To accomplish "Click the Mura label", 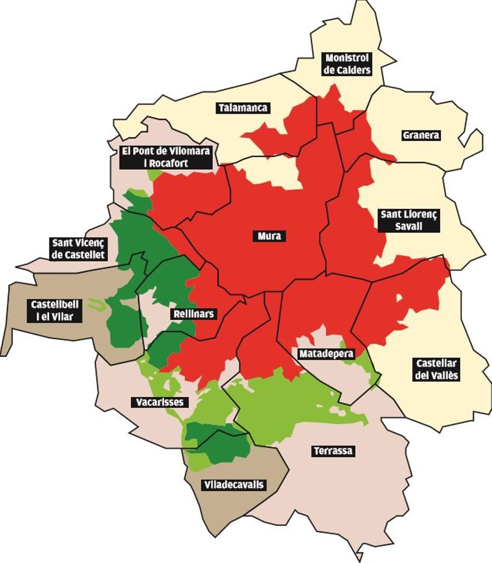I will pyautogui.click(x=269, y=236).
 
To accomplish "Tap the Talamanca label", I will pyautogui.click(x=243, y=108).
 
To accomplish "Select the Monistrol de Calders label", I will pyautogui.click(x=347, y=64).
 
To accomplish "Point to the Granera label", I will pyautogui.click(x=421, y=135).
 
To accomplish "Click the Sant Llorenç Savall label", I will pyautogui.click(x=408, y=220).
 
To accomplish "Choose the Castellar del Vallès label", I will pyautogui.click(x=436, y=369).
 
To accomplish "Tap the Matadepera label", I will pyautogui.click(x=326, y=353).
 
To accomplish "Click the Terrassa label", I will pyautogui.click(x=333, y=451).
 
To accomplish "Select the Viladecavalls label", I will pyautogui.click(x=234, y=485).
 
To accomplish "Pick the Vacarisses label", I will pyautogui.click(x=160, y=402).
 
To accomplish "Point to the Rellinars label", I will pyautogui.click(x=194, y=314).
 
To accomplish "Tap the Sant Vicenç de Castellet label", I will pyautogui.click(x=78, y=248).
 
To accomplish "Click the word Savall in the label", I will pyautogui.click(x=408, y=226).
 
